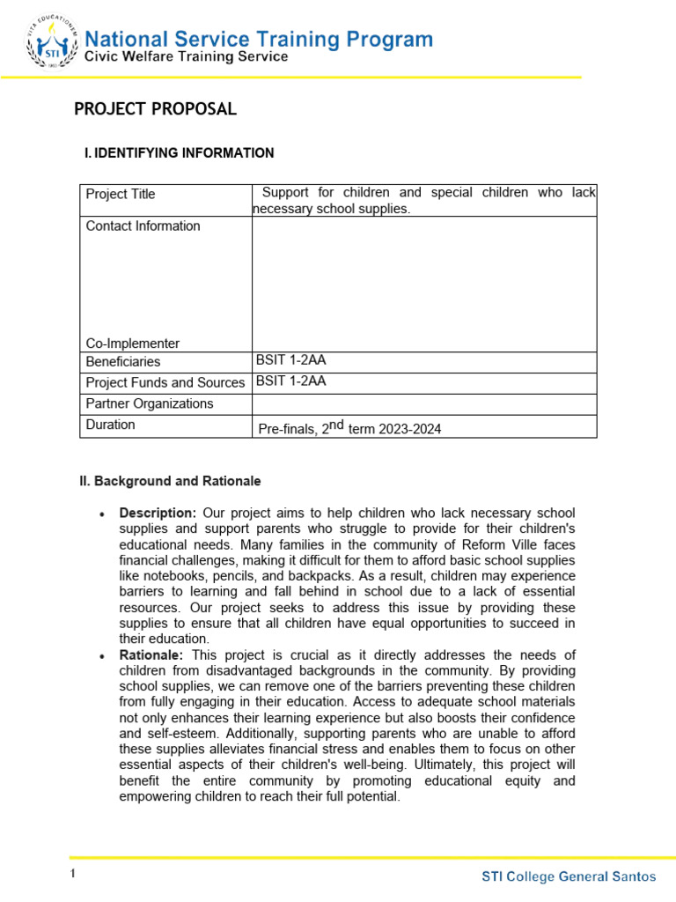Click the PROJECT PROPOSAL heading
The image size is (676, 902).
click(155, 109)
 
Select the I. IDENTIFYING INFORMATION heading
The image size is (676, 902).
click(179, 153)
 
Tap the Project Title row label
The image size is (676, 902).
click(121, 194)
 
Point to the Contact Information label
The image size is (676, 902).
click(143, 226)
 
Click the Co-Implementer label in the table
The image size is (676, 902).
click(132, 344)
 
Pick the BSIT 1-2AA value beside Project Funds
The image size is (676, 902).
click(291, 381)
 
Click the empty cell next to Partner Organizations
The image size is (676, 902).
click(424, 404)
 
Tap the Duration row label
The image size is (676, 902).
click(111, 425)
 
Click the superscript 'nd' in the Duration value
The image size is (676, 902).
click(335, 425)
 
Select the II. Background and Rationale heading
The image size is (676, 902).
click(171, 482)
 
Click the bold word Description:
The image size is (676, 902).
click(158, 513)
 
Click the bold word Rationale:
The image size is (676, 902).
click(151, 654)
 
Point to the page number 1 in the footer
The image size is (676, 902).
click(74, 874)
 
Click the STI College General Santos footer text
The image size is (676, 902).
click(569, 876)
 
